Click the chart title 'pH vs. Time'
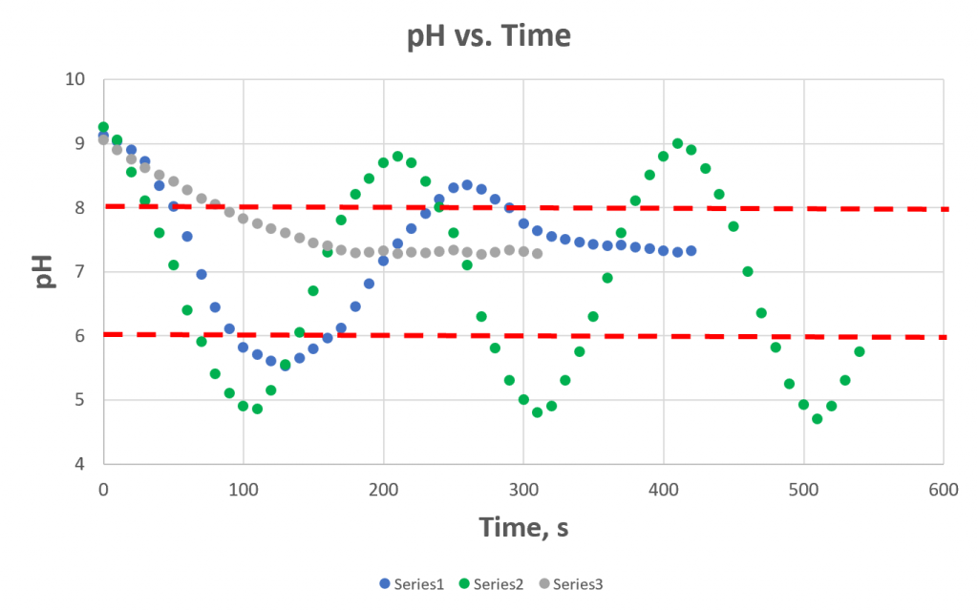pos(489,36)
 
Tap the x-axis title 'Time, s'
pos(522,527)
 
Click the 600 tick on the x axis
pos(944,488)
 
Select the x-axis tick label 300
pos(523,488)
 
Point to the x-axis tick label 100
pos(244,488)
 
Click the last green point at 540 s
pos(859,351)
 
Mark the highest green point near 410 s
pos(677,143)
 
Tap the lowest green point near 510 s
pos(817,418)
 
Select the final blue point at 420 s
pos(691,251)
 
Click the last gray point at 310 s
pos(537,254)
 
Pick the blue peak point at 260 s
pos(467,185)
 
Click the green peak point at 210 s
pos(397,157)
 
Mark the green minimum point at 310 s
pos(537,412)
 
